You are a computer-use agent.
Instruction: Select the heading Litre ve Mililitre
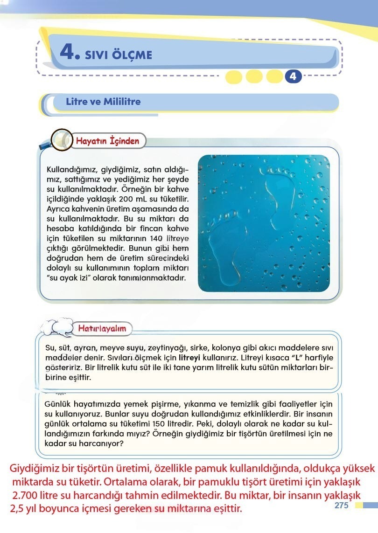103,102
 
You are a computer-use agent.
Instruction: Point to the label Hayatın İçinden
107,140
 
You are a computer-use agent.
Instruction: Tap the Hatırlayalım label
102,328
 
